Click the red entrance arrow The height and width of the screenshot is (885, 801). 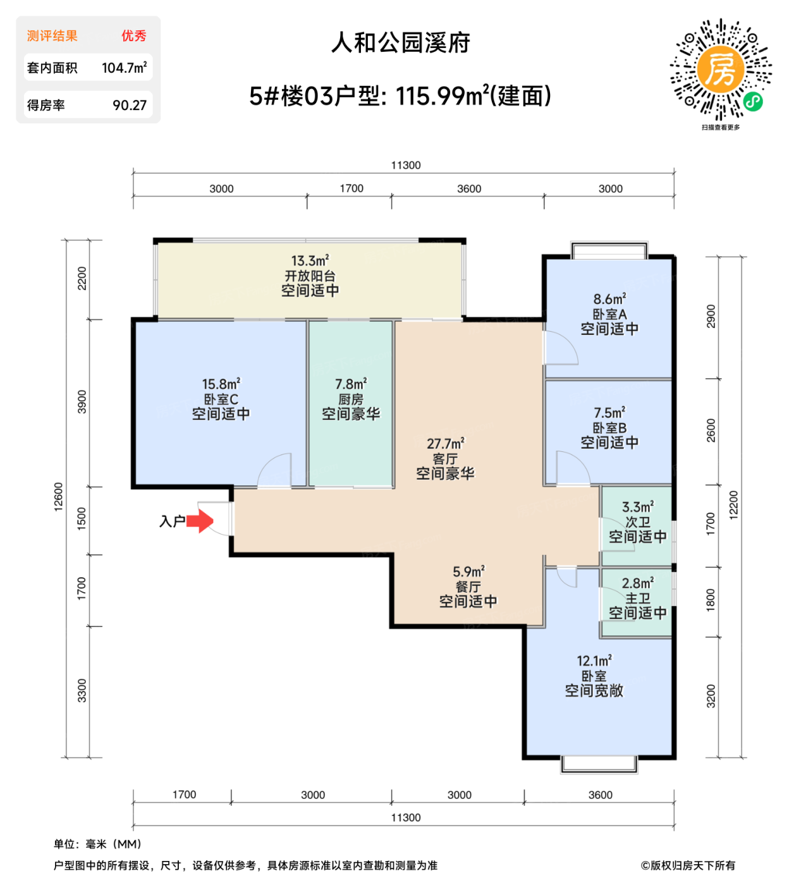point(200,522)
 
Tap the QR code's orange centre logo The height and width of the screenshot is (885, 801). point(720,69)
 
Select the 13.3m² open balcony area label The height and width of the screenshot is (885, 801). point(310,260)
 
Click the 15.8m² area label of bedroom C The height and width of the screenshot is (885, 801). point(221,384)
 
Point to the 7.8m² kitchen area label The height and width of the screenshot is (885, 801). point(351,384)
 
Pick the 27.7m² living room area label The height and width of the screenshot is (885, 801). point(445,444)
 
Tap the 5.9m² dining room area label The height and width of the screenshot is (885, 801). point(468,572)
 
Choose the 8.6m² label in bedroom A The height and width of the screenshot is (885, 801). point(609,299)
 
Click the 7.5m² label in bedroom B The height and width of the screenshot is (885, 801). point(609,413)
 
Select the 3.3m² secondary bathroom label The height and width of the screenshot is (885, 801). point(637,507)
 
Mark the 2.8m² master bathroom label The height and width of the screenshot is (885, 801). point(637,583)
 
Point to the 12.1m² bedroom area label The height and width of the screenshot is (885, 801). point(594,661)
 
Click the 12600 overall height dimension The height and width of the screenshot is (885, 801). point(59,497)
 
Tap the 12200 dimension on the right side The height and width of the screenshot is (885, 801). point(733,505)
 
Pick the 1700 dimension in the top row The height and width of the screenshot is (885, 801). point(352,188)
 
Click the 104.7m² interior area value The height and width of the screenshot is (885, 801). point(124,68)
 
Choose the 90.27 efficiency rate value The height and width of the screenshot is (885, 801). point(130,106)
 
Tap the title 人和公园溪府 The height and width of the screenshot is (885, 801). point(401,43)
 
